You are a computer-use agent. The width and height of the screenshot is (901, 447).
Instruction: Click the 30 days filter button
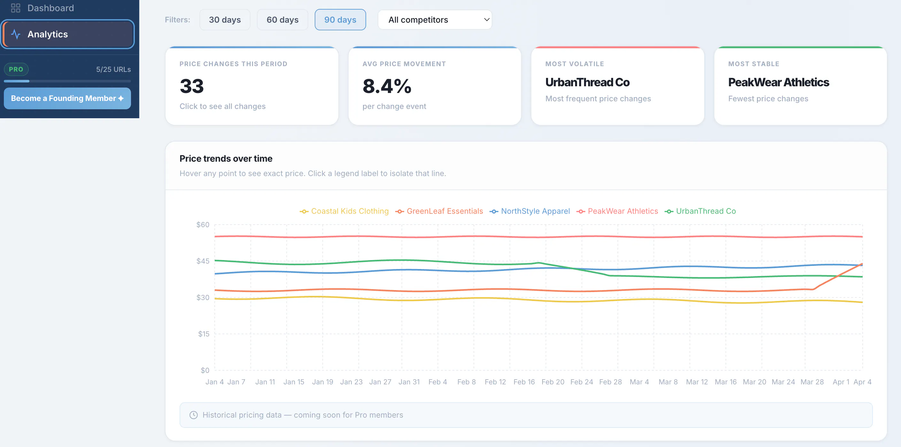[x=225, y=19]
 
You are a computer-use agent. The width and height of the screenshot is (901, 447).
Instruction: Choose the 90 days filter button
[x=340, y=19]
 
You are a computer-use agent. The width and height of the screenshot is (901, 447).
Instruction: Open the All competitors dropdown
[x=435, y=19]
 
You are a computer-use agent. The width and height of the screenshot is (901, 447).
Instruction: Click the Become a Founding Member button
[x=67, y=98]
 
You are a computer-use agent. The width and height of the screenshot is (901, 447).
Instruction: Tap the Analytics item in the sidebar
[x=67, y=34]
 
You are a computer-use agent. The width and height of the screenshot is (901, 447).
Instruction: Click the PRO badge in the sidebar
[x=16, y=69]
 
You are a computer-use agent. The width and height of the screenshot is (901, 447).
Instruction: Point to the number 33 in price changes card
[x=192, y=86]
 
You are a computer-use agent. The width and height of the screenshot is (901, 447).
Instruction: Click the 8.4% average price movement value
[x=387, y=86]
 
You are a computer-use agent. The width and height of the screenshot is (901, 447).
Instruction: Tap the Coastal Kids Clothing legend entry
[x=344, y=211]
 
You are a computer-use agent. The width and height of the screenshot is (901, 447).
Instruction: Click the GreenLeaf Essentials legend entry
[x=439, y=211]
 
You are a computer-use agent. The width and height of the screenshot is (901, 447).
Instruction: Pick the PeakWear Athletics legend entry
[x=617, y=211]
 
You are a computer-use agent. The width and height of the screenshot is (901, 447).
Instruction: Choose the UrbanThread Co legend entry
[x=700, y=211]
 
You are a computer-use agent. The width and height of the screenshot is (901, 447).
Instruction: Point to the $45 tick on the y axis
[x=203, y=261]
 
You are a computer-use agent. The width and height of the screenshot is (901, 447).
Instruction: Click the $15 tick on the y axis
[x=204, y=334]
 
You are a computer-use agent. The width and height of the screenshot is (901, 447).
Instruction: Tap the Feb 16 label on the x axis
[x=524, y=381]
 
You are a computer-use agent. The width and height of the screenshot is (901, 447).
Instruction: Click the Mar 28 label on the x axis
[x=812, y=381]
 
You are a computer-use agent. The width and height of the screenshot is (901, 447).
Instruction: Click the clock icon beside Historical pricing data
[x=193, y=415]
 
